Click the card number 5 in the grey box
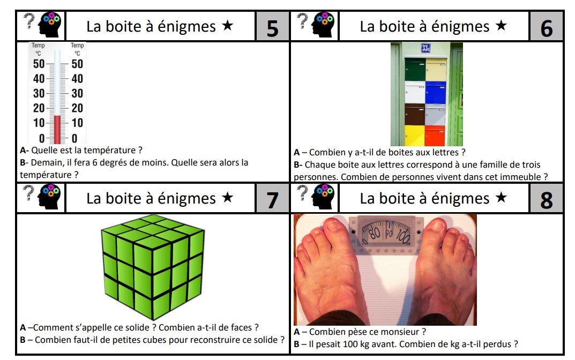(272, 27)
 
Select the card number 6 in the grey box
(546, 27)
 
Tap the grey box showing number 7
(272, 199)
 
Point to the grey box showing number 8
(546, 199)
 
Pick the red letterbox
(435, 135)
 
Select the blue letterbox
(436, 92)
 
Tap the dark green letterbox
(415, 69)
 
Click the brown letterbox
(415, 114)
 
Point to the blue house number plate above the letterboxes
(425, 48)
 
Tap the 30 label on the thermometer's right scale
(77, 93)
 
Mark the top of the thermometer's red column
(57, 116)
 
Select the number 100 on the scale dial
(403, 234)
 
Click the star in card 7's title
(228, 198)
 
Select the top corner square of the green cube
(153, 219)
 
